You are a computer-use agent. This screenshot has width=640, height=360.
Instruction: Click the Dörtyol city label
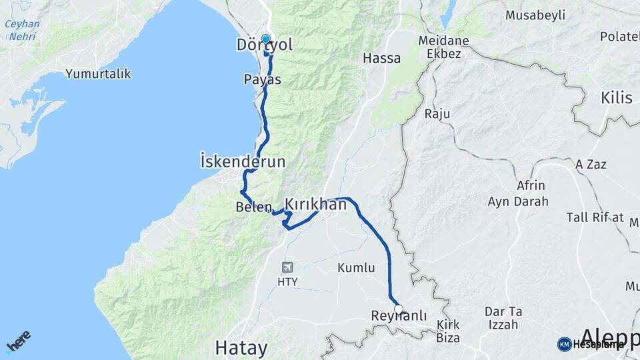click(265, 45)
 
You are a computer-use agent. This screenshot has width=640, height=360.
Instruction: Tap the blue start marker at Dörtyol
click(266, 39)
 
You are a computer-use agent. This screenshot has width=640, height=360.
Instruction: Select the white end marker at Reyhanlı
click(399, 309)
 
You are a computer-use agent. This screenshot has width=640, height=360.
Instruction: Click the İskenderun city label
click(243, 161)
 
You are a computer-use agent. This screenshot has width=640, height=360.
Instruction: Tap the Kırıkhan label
click(316, 204)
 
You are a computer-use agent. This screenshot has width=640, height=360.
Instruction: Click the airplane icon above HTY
click(287, 267)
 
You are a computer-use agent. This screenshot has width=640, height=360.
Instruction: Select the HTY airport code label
click(287, 281)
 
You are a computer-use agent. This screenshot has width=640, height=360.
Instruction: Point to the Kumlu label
click(356, 268)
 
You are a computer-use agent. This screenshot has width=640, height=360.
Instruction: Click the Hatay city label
click(241, 348)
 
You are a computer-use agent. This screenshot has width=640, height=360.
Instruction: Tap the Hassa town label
click(382, 59)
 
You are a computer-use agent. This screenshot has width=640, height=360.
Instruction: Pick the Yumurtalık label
click(98, 74)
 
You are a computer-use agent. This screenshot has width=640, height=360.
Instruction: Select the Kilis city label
click(616, 98)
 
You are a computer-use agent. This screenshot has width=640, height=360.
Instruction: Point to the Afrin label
click(531, 186)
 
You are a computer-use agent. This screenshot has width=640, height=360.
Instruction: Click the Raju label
click(437, 114)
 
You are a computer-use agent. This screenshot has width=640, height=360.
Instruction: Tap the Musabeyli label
click(535, 15)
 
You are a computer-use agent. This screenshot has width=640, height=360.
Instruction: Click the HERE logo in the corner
click(18, 341)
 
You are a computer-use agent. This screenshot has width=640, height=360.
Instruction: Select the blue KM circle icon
click(564, 344)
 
